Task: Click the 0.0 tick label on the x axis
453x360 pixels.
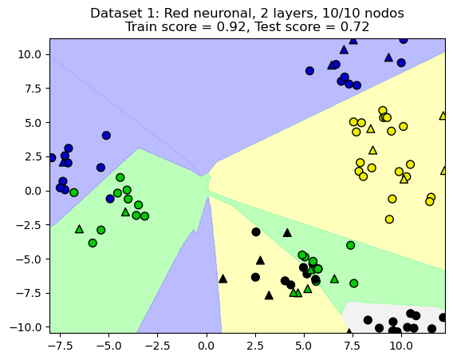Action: click(x=206, y=346)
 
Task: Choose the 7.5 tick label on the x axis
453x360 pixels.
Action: click(x=352, y=346)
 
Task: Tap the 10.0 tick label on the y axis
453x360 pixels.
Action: click(x=30, y=54)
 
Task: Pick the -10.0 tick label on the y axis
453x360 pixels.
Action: click(x=26, y=326)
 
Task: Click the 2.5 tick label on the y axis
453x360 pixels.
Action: click(x=33, y=156)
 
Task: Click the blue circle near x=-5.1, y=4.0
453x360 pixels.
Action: click(x=106, y=136)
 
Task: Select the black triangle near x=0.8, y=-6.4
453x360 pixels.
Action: click(x=223, y=279)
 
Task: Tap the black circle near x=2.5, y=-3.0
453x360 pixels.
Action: click(x=256, y=231)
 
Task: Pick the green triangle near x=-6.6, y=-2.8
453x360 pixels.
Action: click(x=79, y=229)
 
